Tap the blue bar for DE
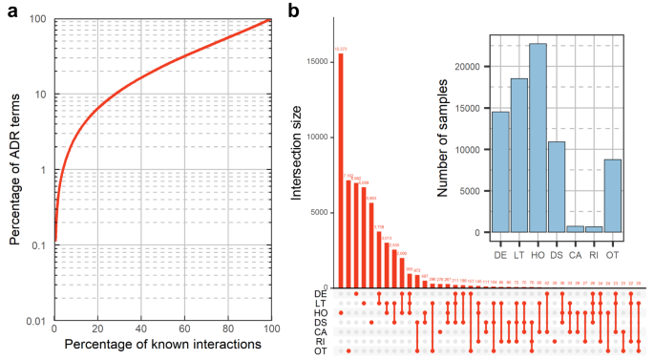coord(500,172)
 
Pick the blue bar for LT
coord(519,156)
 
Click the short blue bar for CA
coord(576,229)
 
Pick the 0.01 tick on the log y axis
coord(38,322)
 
